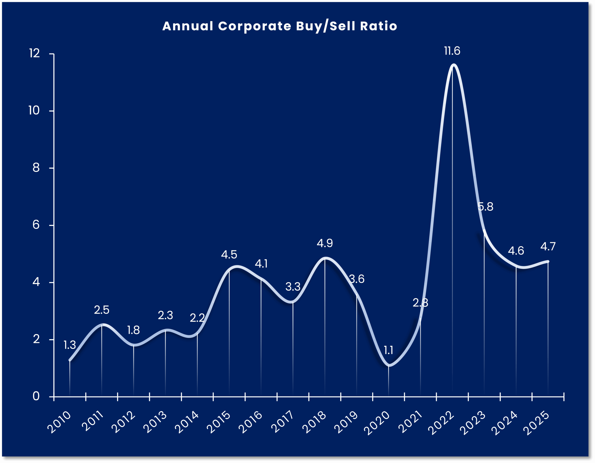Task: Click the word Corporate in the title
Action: tap(255, 26)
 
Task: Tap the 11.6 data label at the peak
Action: tap(452, 51)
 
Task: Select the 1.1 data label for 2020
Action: tap(389, 350)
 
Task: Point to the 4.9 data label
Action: tap(324, 243)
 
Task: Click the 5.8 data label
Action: tap(486, 207)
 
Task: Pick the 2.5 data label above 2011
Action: tap(102, 310)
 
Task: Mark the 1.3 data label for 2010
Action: tap(70, 345)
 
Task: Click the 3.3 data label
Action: tap(293, 286)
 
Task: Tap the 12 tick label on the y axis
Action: tap(35, 53)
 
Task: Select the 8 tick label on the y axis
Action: tap(36, 168)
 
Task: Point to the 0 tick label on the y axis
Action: tap(36, 396)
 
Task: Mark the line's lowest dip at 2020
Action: tap(389, 365)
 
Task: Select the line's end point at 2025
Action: tap(548, 261)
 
